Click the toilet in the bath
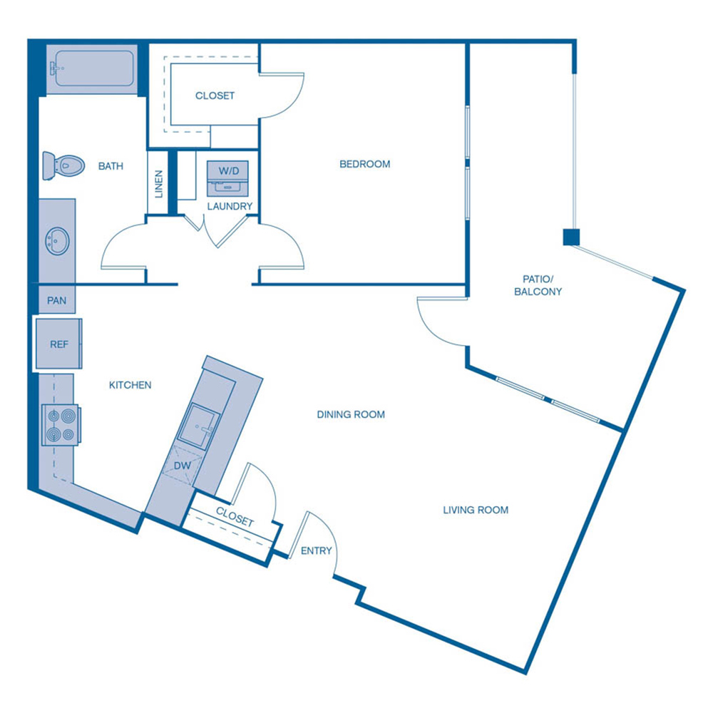(x=61, y=166)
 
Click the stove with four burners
(x=60, y=425)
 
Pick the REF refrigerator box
(x=58, y=344)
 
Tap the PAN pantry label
(x=57, y=301)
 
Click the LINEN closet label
(x=159, y=184)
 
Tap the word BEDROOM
(x=364, y=164)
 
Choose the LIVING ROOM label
(x=476, y=510)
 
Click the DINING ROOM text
(x=351, y=414)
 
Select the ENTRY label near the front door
(x=316, y=550)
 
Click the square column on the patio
(x=570, y=237)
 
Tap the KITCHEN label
(x=130, y=385)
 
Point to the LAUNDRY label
(x=230, y=207)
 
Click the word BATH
(x=111, y=166)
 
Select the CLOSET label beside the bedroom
(x=215, y=96)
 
